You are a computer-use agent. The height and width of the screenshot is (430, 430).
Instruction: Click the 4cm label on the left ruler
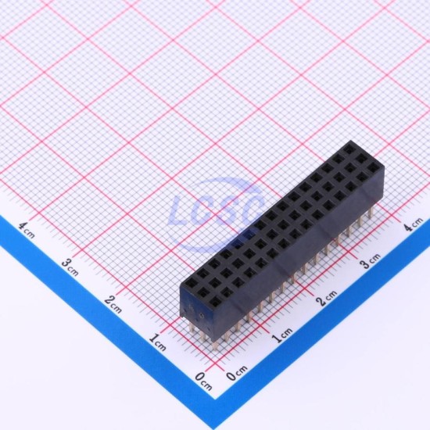click(27, 230)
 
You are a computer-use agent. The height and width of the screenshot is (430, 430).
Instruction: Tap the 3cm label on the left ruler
click(70, 267)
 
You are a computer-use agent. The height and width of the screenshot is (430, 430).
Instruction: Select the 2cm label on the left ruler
click(113, 304)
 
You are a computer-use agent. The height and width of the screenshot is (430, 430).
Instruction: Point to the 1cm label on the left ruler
click(157, 342)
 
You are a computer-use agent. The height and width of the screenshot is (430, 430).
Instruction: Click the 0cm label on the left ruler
click(203, 382)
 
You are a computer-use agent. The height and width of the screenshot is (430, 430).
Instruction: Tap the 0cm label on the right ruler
click(236, 373)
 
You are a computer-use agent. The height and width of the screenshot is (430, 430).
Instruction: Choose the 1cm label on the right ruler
click(282, 335)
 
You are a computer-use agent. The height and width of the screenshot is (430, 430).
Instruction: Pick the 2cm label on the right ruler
click(326, 298)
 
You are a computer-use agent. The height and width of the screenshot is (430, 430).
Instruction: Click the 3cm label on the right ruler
click(371, 261)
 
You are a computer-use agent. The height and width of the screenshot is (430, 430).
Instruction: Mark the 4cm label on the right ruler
click(414, 224)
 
